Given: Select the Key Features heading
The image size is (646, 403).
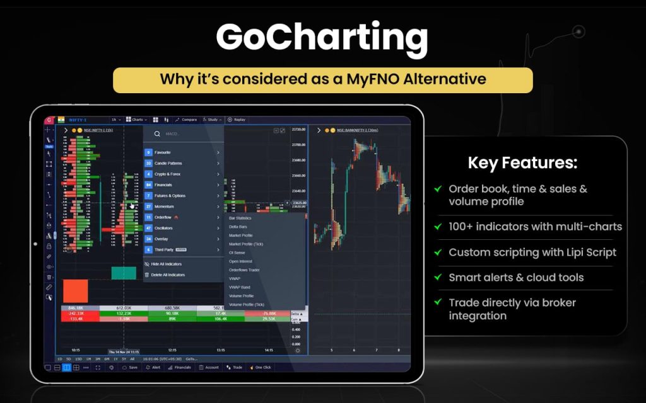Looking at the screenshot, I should pyautogui.click(x=522, y=163).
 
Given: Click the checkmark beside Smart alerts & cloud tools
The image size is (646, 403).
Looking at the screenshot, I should pyautogui.click(x=438, y=278).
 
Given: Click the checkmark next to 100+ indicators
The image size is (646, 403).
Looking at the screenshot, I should pyautogui.click(x=438, y=226).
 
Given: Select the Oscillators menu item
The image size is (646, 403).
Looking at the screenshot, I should pyautogui.click(x=165, y=228).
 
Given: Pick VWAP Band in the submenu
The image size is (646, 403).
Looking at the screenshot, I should pyautogui.click(x=240, y=287).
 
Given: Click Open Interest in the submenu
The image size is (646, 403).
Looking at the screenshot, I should pyautogui.click(x=242, y=261).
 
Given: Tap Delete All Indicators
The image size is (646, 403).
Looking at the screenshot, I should pyautogui.click(x=168, y=275).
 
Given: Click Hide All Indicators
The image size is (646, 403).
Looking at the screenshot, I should pyautogui.click(x=167, y=264).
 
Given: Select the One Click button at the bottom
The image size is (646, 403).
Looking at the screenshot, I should pyautogui.click(x=262, y=367).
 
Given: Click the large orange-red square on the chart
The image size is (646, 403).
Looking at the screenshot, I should pyautogui.click(x=76, y=291).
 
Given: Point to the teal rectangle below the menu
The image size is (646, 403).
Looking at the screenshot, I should pyautogui.click(x=124, y=273).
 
